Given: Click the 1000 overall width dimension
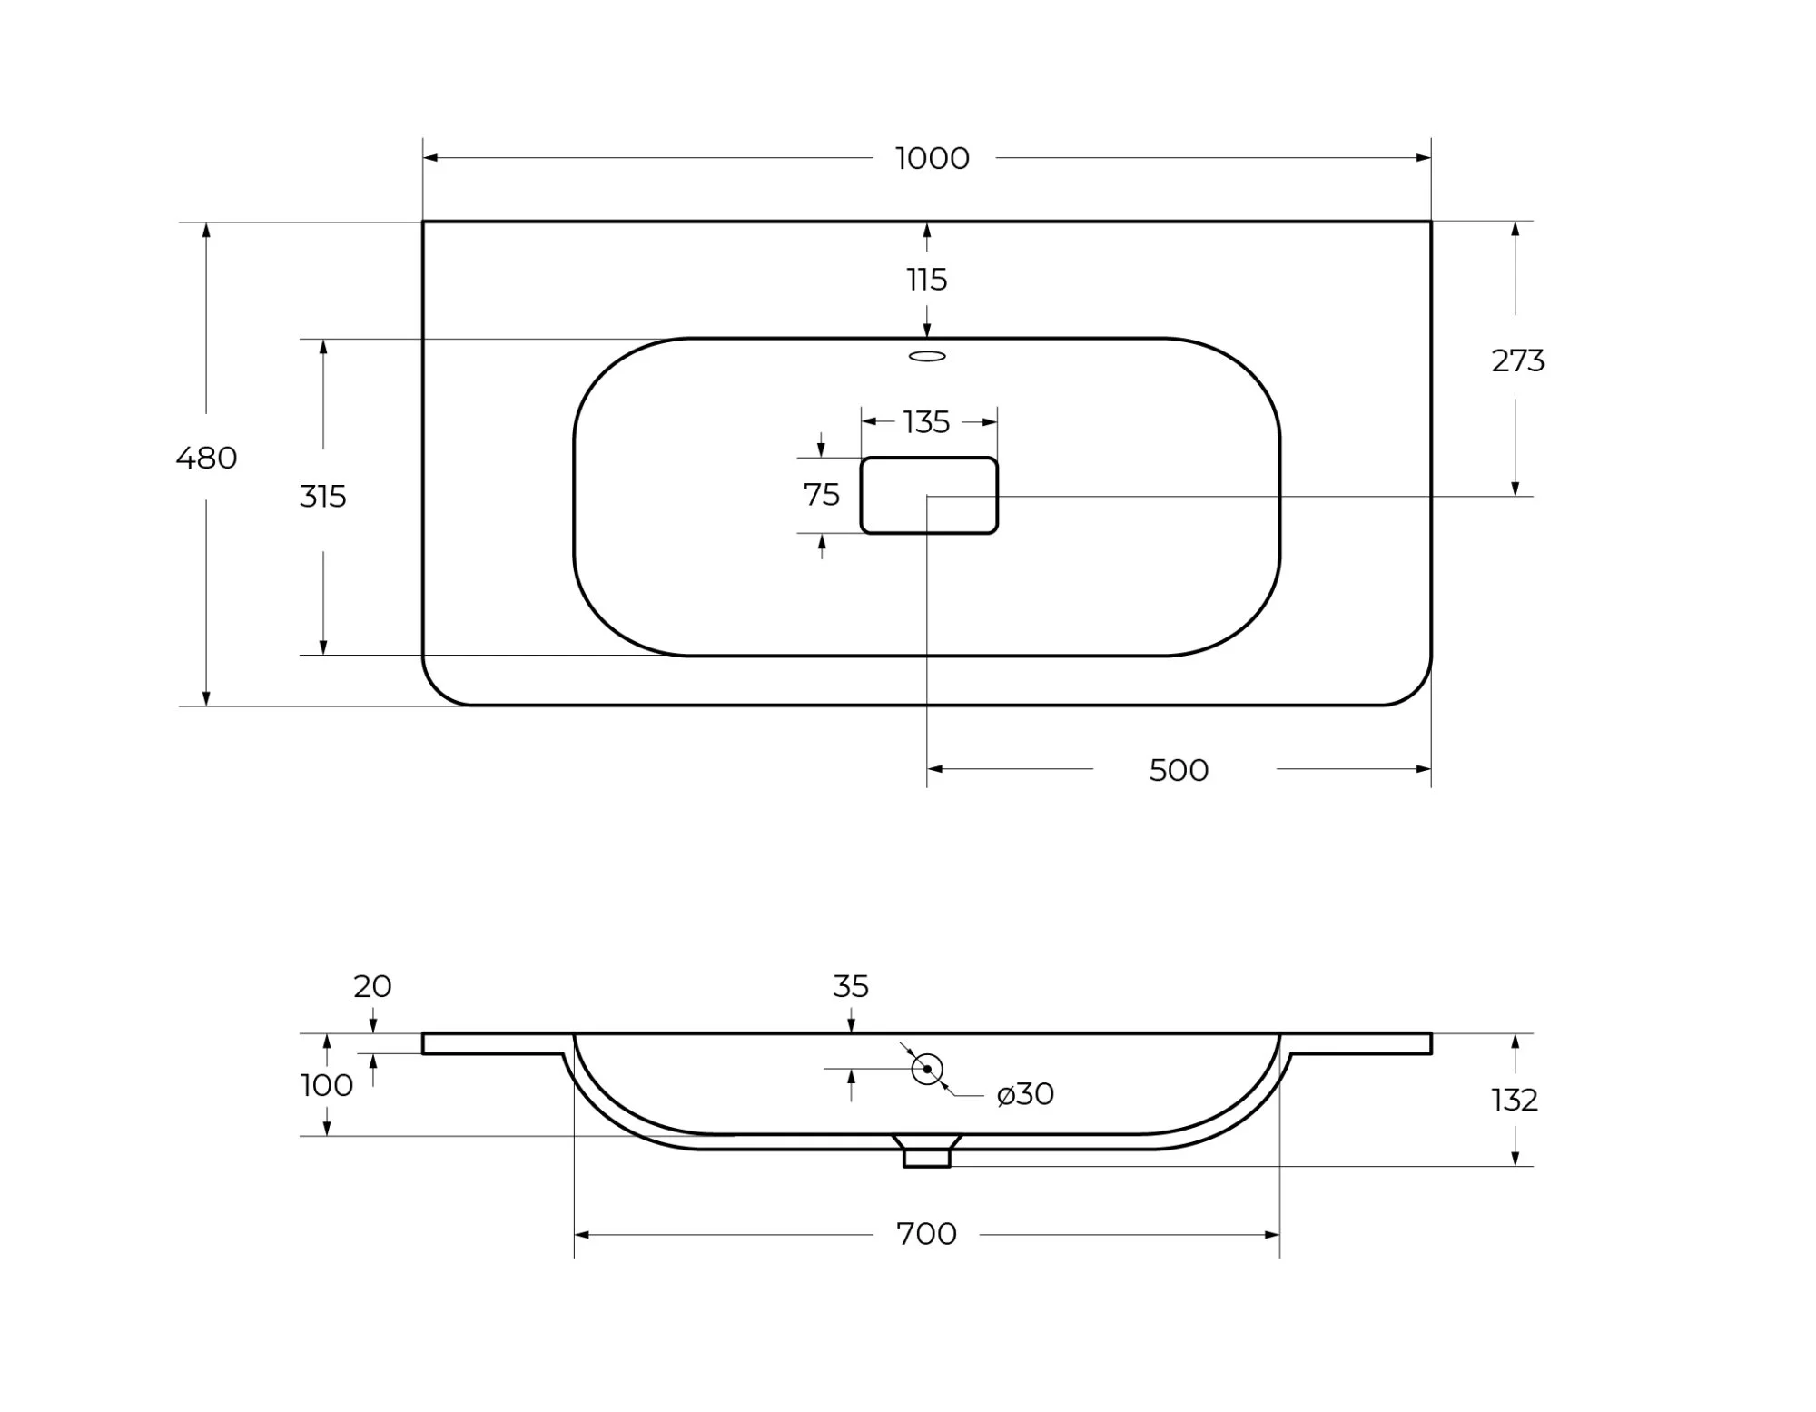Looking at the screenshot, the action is pyautogui.click(x=933, y=158).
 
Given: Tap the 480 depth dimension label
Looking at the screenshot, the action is pyautogui.click(x=206, y=458).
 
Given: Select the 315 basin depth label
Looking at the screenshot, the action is pyautogui.click(x=323, y=497).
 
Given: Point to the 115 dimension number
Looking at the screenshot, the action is pyautogui.click(x=927, y=280).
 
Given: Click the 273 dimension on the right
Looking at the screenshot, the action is pyautogui.click(x=1517, y=361).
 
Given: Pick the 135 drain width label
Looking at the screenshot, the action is pyautogui.click(x=927, y=422).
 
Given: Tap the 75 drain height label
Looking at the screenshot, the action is pyautogui.click(x=822, y=495).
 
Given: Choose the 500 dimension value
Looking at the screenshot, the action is pyautogui.click(x=1179, y=770).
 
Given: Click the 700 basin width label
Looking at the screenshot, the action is pyautogui.click(x=926, y=1234).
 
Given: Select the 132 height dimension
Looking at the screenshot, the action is pyautogui.click(x=1515, y=1101).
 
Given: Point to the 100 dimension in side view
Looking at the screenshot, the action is pyautogui.click(x=327, y=1085).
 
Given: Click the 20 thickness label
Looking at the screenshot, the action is pyautogui.click(x=372, y=986).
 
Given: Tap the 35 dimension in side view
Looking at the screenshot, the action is pyautogui.click(x=851, y=986).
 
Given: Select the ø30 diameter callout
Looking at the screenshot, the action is pyautogui.click(x=1025, y=1094).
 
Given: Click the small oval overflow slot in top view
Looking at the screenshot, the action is pyautogui.click(x=927, y=356).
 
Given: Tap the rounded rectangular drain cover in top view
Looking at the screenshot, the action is pyautogui.click(x=929, y=495).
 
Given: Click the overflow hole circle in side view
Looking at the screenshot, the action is pyautogui.click(x=927, y=1069).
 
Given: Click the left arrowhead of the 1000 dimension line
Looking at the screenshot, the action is pyautogui.click(x=430, y=158).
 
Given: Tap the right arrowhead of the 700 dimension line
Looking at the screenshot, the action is pyautogui.click(x=1272, y=1235).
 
